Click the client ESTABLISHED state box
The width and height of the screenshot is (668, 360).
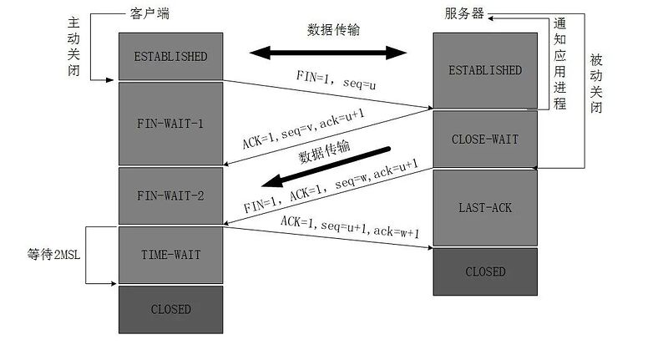coord(170,57)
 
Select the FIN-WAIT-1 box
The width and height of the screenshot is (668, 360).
coord(170,123)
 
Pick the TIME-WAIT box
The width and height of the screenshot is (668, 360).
coord(170,254)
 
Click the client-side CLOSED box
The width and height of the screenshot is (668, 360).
coord(170,309)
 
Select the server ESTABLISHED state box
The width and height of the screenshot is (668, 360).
coord(485,70)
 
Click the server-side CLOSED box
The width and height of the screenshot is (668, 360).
coord(485,271)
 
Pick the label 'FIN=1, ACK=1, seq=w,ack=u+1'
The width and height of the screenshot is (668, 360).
coord(330,185)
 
